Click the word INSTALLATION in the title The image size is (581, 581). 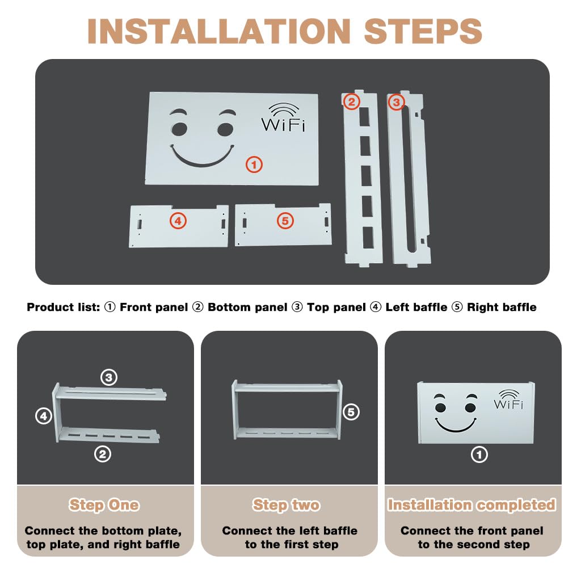pos(219,31)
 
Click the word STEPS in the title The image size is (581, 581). pos(423,31)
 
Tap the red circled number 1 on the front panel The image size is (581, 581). pos(254,165)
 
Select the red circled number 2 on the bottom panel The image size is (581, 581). pos(351,102)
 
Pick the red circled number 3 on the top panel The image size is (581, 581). pos(396,102)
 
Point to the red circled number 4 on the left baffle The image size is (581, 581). pos(178,221)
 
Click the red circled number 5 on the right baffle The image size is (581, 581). pos(285,221)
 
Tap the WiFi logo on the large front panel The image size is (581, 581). pos(284,117)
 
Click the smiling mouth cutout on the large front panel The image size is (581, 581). pos(203,157)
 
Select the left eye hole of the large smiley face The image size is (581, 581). pos(179,129)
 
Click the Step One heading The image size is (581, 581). pos(104,504)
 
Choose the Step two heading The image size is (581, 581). pos(286,504)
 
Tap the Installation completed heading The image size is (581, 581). pos(471,504)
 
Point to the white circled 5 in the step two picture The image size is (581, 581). pos(351,412)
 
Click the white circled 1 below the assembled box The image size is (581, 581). pos(479,454)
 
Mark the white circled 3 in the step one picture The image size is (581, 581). pos(109,377)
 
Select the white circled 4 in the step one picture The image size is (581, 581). pos(43,416)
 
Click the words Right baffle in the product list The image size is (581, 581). pos(502,307)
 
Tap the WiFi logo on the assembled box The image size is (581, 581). pos(509,400)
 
